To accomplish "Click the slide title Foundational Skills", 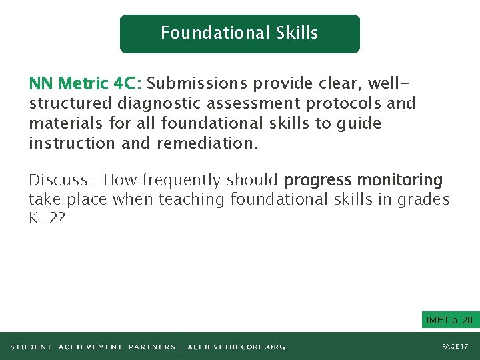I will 239,33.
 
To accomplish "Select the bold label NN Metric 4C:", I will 85,84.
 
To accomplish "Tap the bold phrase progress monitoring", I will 363,180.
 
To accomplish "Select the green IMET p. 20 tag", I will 449,321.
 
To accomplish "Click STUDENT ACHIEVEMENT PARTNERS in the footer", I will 93,347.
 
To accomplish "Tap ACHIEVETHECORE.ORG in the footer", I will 236,347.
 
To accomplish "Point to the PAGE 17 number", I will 455,347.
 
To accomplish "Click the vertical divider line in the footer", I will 181,347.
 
